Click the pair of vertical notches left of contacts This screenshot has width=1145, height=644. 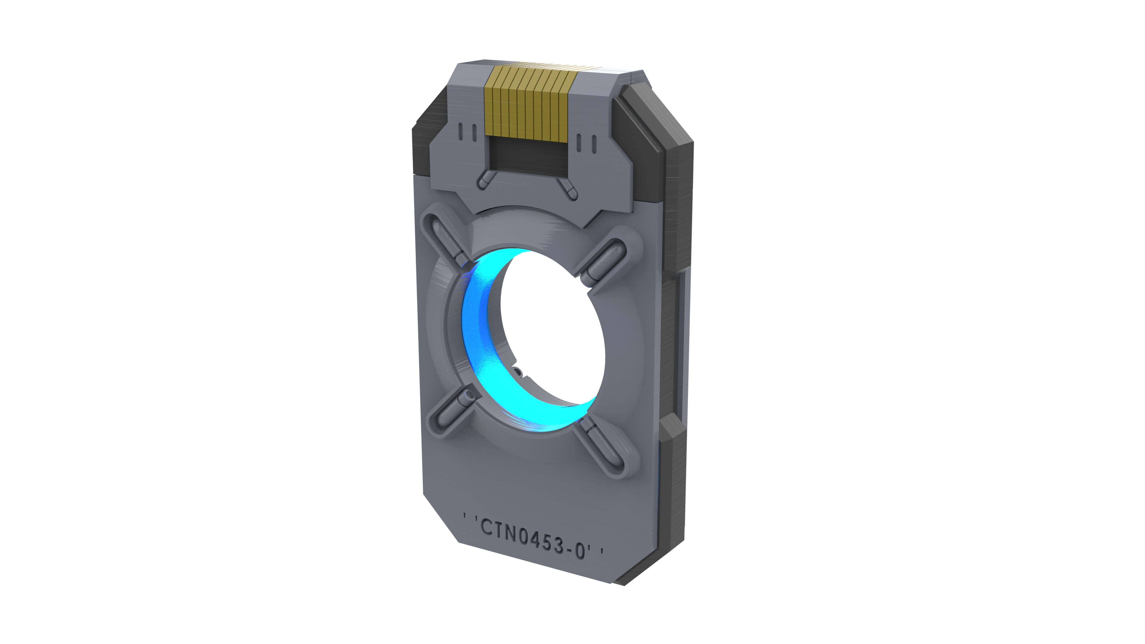click(467, 132)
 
